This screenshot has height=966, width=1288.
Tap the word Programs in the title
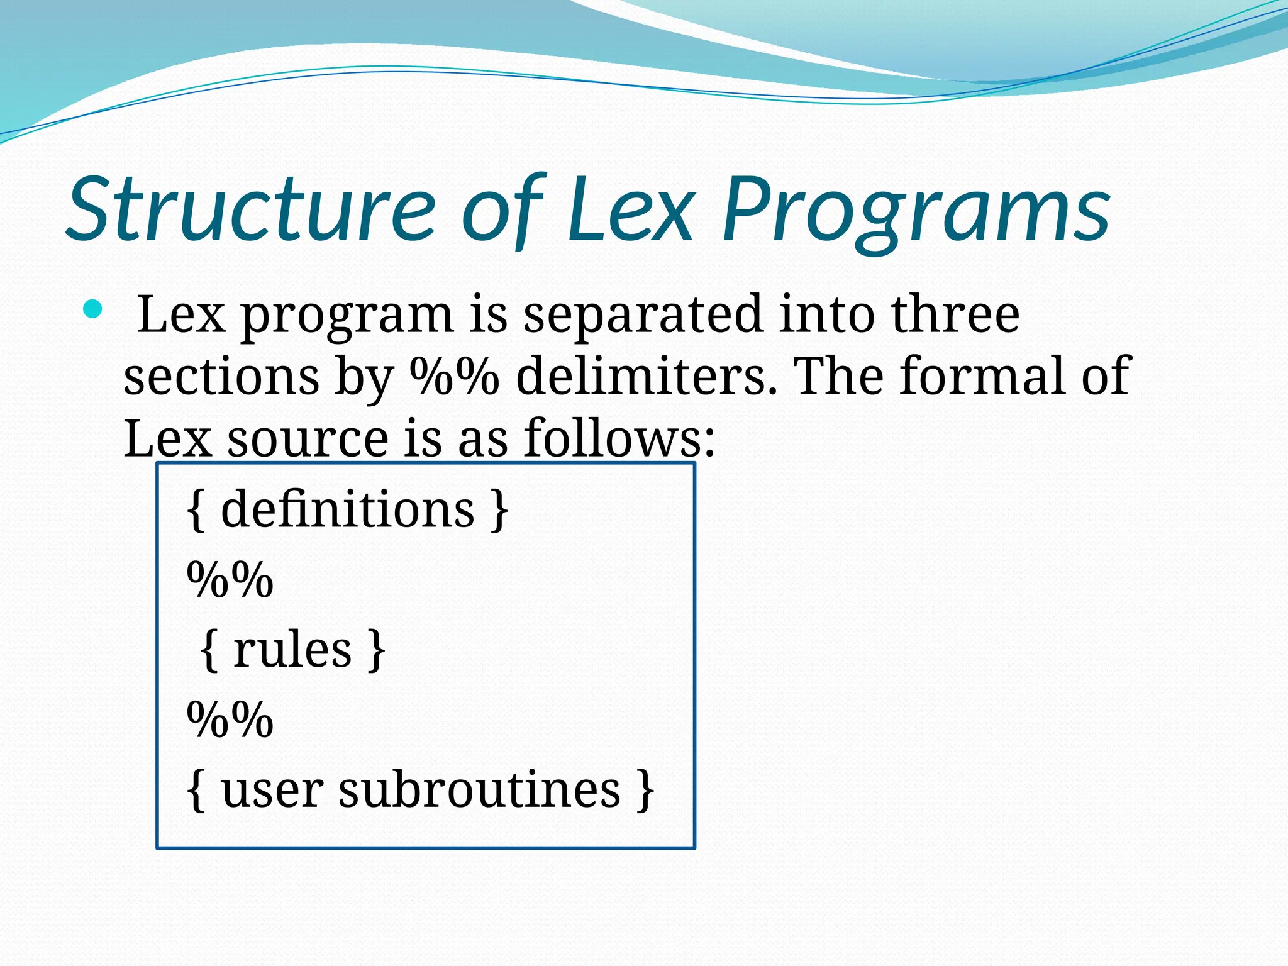(916, 211)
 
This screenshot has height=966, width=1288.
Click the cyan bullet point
(92, 309)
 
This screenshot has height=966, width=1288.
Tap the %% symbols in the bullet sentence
(454, 376)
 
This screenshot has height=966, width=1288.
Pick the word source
(308, 438)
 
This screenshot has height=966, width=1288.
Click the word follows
(619, 438)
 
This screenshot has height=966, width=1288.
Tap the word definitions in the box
(347, 509)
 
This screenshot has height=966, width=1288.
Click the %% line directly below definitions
(230, 579)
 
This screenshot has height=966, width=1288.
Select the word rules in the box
(292, 650)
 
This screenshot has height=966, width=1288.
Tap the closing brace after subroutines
(645, 791)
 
